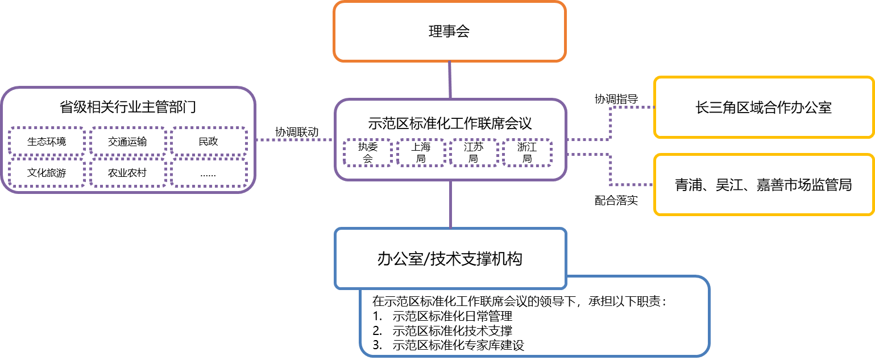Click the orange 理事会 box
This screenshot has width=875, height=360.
[449, 31]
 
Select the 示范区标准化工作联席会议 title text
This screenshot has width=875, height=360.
[450, 123]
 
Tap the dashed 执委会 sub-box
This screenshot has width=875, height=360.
[367, 152]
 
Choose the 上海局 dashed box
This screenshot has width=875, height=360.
[420, 152]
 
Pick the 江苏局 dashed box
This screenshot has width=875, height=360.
[473, 152]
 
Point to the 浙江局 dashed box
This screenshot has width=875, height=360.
[526, 152]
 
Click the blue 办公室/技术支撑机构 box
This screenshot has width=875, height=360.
[450, 259]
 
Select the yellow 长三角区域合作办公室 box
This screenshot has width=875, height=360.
[763, 107]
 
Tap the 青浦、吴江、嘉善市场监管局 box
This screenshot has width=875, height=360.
[763, 184]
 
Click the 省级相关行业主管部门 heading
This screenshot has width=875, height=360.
[128, 107]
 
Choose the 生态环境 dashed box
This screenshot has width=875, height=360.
[47, 141]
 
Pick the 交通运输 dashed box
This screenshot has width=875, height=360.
[127, 141]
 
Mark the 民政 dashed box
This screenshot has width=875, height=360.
[208, 141]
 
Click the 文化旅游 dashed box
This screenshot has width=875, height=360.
[47, 172]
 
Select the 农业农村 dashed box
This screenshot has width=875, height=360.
[127, 172]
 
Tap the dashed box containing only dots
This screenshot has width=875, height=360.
[208, 172]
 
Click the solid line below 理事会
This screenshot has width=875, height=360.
[450, 80]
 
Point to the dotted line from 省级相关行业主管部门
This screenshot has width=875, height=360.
[295, 139]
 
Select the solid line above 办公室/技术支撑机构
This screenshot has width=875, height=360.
[450, 204]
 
